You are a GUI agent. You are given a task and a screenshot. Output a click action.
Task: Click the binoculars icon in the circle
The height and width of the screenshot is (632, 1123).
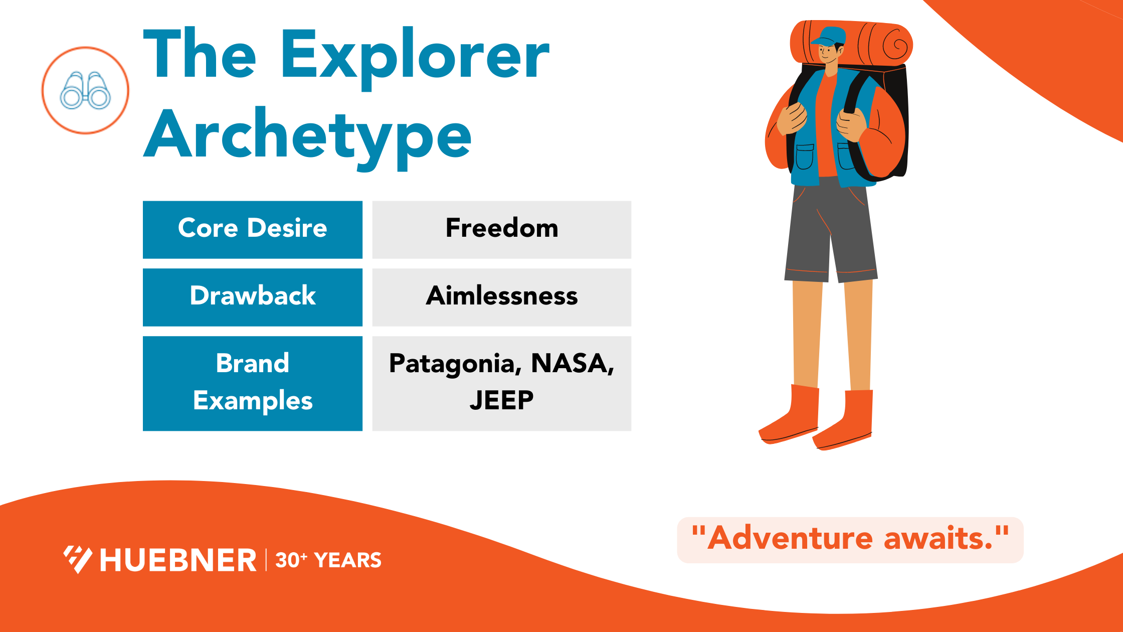[85, 91]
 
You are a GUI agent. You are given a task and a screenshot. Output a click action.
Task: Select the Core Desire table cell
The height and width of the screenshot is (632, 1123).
[252, 229]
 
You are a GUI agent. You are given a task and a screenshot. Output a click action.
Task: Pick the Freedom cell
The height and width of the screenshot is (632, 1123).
[501, 229]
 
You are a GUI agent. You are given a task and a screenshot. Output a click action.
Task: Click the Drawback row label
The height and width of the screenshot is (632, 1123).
[252, 296]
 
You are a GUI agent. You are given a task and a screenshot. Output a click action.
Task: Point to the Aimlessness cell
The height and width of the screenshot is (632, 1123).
[501, 296]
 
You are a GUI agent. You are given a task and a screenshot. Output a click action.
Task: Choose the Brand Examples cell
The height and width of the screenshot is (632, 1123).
[252, 383]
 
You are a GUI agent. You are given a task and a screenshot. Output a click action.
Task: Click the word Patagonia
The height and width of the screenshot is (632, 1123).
[453, 364]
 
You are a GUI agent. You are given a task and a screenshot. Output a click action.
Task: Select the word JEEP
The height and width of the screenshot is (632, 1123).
[501, 401]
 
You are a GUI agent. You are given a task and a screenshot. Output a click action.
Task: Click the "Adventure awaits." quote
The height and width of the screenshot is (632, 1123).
[850, 539]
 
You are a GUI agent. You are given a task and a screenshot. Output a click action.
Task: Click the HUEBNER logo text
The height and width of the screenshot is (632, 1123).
[178, 560]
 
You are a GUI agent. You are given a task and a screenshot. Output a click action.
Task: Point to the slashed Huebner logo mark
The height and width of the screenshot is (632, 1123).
[78, 559]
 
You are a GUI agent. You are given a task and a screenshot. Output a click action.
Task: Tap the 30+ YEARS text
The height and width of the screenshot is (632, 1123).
[328, 560]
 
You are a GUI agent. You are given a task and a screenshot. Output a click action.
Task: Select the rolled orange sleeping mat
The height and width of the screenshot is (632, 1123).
[882, 44]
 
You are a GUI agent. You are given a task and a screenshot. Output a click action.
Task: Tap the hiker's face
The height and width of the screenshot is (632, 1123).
[828, 53]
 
